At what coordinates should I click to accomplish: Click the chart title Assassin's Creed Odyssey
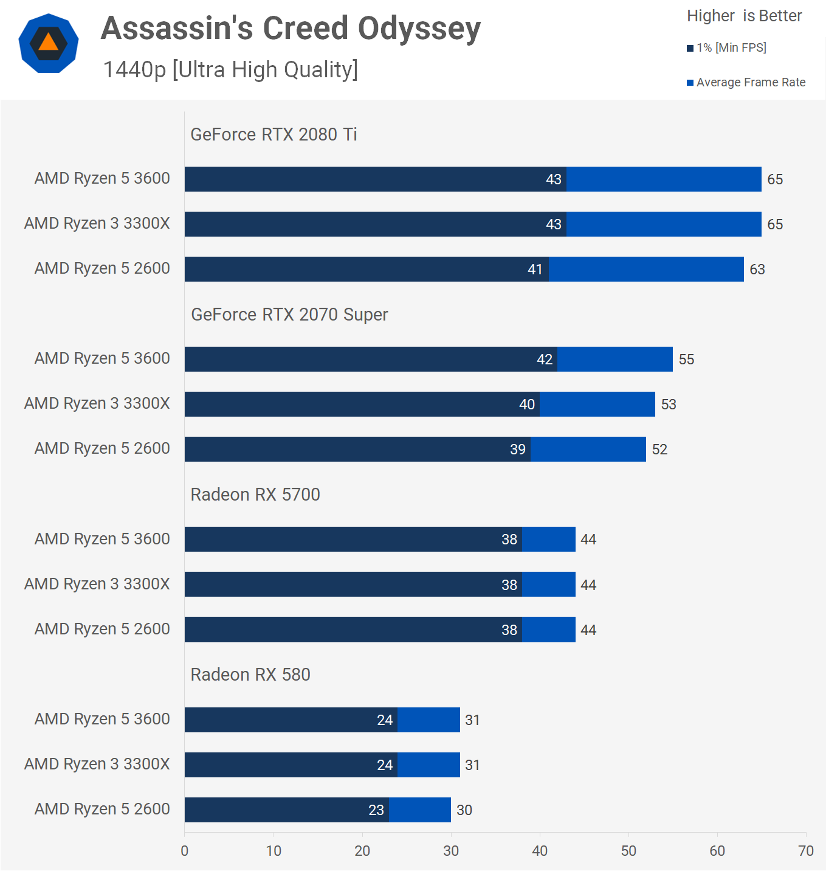pos(291,29)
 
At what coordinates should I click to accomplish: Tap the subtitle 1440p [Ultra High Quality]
pos(230,70)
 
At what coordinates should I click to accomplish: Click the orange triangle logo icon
pos(49,43)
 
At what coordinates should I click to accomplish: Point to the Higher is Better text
pos(744,16)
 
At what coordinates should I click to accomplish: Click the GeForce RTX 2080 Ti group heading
pos(274,134)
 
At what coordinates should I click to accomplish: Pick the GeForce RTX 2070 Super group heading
pos(289,314)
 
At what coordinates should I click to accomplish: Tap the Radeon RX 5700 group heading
pos(255,494)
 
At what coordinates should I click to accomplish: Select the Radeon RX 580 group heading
pos(250,675)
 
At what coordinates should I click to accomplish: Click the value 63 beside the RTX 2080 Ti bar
pos(757,269)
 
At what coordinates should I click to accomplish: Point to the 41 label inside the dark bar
pos(535,269)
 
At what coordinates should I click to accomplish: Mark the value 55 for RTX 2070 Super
pos(686,359)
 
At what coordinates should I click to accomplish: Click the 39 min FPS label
pos(517,449)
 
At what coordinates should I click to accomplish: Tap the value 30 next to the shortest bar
pos(464,810)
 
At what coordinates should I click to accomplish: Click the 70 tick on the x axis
pos(805,851)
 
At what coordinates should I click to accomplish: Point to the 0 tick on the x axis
pos(185,851)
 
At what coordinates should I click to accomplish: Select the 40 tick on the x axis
pos(540,851)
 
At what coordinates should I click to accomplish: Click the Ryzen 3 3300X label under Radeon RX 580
pos(97,764)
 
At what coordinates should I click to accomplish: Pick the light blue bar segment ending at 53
pos(597,404)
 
